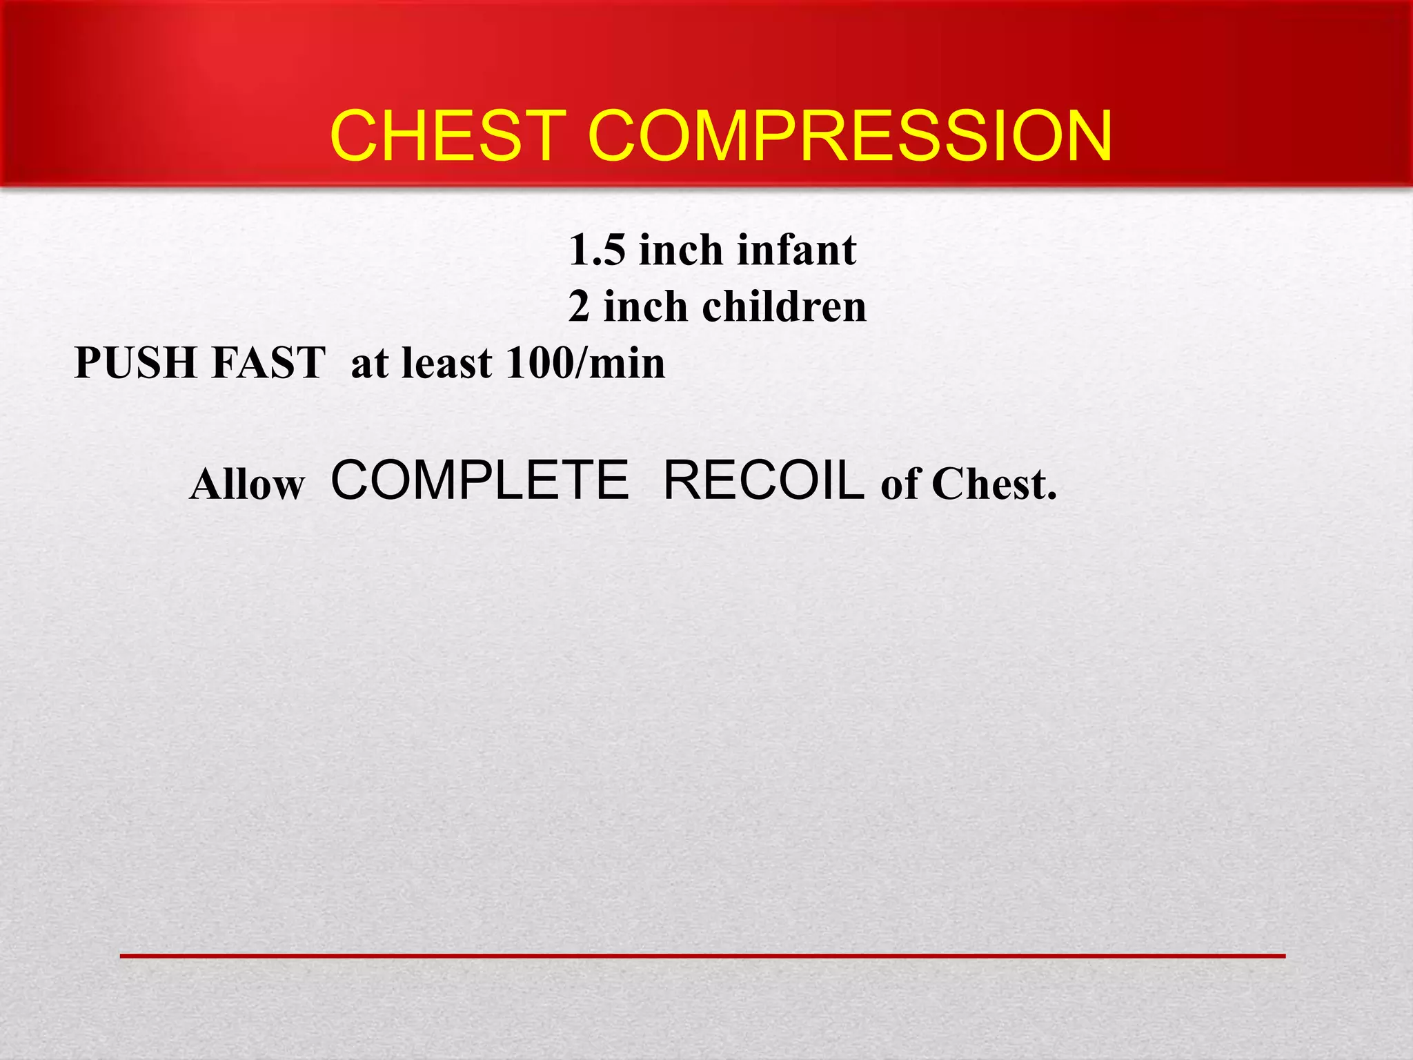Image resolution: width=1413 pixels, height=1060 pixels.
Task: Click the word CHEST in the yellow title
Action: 448,136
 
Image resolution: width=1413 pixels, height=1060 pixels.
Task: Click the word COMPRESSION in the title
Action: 850,136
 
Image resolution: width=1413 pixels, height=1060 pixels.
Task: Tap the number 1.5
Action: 597,251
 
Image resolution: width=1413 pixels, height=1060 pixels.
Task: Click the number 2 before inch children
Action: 579,308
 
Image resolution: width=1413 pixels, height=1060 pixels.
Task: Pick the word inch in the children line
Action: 646,307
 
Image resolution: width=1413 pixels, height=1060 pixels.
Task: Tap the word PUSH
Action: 136,363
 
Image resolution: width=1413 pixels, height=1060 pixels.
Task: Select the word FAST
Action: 268,363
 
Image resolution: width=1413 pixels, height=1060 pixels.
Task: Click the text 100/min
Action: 585,364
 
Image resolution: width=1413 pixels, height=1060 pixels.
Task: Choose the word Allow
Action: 247,484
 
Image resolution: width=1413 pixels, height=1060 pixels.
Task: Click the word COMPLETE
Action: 480,480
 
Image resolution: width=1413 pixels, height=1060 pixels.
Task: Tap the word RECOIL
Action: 763,480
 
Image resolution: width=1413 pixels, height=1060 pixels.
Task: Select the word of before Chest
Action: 900,484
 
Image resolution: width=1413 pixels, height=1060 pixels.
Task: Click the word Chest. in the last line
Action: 994,484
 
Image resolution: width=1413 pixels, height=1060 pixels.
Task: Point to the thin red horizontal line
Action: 702,956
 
